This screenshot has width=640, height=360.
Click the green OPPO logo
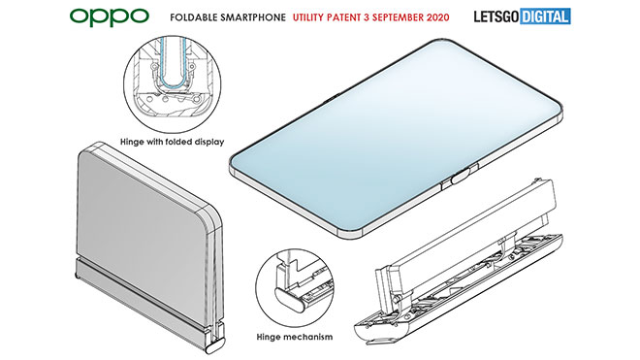110,16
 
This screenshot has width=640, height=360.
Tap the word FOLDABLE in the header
194,17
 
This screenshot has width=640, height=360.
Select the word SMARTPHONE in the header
253,17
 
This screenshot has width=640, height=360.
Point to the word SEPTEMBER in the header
397,17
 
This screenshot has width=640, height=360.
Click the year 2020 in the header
436,17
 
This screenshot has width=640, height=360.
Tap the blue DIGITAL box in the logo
545,16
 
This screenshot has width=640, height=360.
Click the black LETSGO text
496,16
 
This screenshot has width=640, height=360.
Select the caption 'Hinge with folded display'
173,143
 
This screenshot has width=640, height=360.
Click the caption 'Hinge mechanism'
294,337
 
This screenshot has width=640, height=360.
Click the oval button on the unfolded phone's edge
461,179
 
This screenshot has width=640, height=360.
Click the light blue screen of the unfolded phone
393,135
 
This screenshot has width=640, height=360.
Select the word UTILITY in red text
308,17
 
